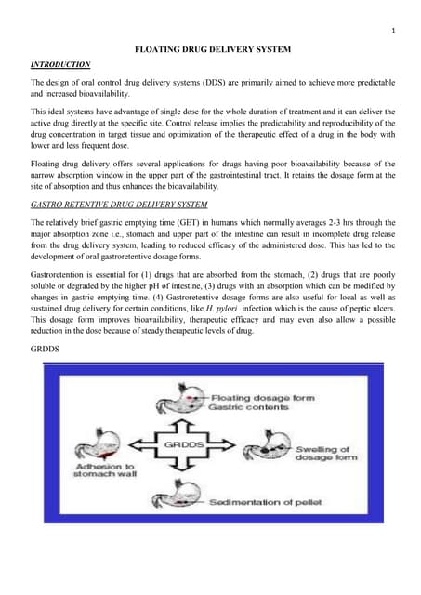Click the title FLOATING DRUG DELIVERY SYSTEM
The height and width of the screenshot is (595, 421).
[x=214, y=47]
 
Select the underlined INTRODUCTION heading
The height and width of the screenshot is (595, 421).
[x=60, y=65]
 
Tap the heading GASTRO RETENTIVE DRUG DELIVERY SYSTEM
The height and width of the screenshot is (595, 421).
[x=119, y=204]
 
